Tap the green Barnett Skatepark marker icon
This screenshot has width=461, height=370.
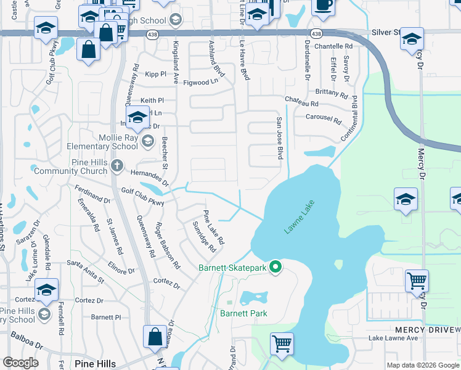276,267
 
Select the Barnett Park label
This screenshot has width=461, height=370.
243,313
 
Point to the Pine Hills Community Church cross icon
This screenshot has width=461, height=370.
116,166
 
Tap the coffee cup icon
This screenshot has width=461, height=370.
322,5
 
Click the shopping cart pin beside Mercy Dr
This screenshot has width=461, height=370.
417,282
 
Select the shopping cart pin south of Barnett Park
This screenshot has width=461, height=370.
282,343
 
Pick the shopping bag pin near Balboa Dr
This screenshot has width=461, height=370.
154,337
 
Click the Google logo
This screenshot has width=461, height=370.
20,363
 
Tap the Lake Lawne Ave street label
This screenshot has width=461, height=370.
393,338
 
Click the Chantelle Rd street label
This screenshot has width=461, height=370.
333,46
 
